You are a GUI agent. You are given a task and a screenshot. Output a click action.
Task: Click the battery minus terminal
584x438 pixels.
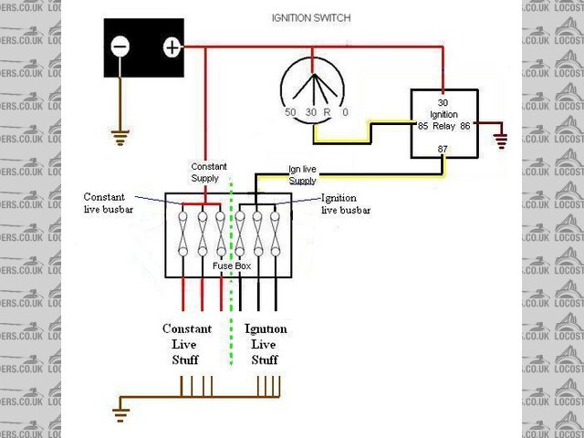(x=121, y=47)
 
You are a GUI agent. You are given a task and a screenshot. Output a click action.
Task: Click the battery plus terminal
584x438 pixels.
(x=172, y=47)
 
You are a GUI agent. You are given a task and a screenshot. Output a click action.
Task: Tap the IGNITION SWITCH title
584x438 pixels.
(x=311, y=17)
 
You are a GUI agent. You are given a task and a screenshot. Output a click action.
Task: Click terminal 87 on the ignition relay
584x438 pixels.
(x=443, y=149)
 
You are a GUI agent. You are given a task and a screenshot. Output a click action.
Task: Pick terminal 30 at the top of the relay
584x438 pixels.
(x=443, y=102)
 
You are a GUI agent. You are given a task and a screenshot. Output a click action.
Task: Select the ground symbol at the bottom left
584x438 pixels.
(x=120, y=415)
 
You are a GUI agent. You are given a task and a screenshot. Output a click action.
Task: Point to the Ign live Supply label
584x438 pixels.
(x=302, y=174)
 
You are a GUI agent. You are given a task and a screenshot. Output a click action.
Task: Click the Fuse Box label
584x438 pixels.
(x=232, y=266)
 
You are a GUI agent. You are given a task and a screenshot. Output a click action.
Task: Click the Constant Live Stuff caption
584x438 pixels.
(x=186, y=344)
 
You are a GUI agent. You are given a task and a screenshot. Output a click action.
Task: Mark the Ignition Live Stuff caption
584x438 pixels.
(x=266, y=344)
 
